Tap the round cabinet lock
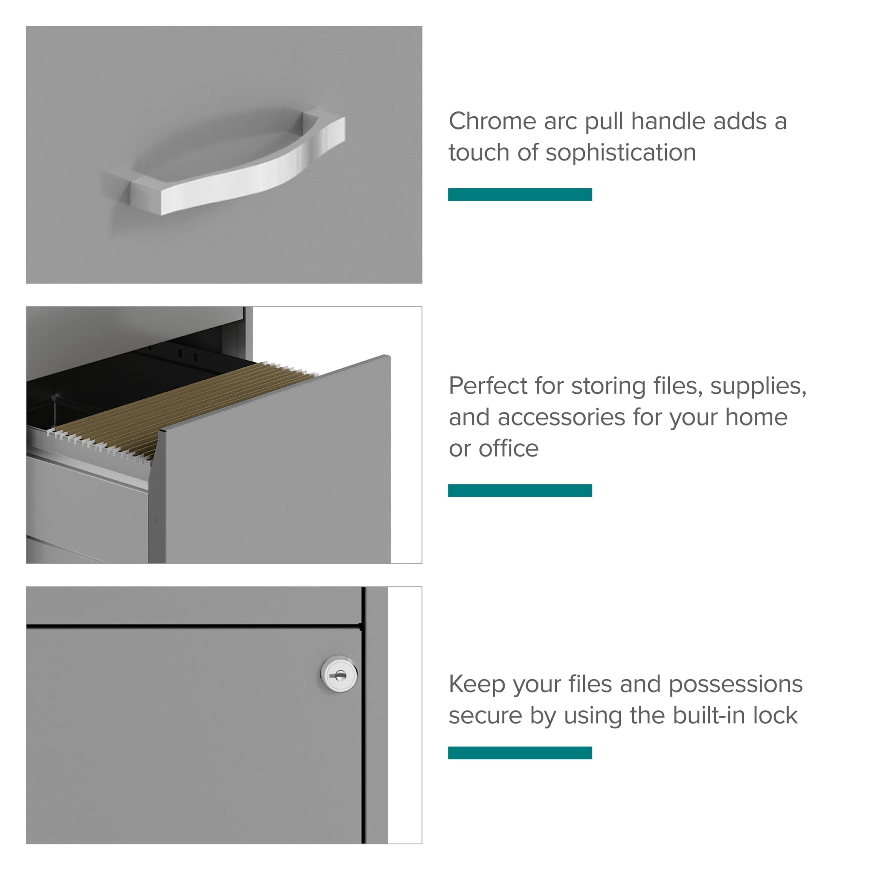pyautogui.click(x=339, y=674)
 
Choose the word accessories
pyautogui.click(x=561, y=418)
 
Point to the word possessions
pyautogui.click(x=736, y=685)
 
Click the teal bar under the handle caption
pyautogui.click(x=520, y=195)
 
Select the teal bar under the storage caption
pyautogui.click(x=520, y=490)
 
